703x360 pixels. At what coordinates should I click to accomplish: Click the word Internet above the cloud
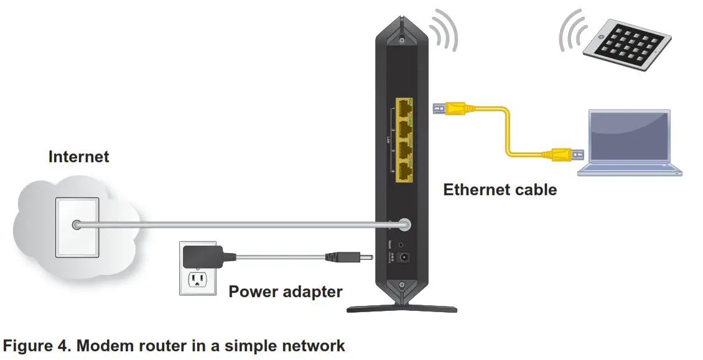pyautogui.click(x=78, y=157)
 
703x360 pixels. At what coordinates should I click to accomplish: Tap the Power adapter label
pyautogui.click(x=286, y=291)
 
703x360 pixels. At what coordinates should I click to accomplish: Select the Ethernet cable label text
pyautogui.click(x=500, y=190)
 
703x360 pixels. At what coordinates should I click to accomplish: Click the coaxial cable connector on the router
pyautogui.click(x=405, y=224)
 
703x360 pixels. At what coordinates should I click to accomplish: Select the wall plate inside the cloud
pyautogui.click(x=77, y=227)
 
